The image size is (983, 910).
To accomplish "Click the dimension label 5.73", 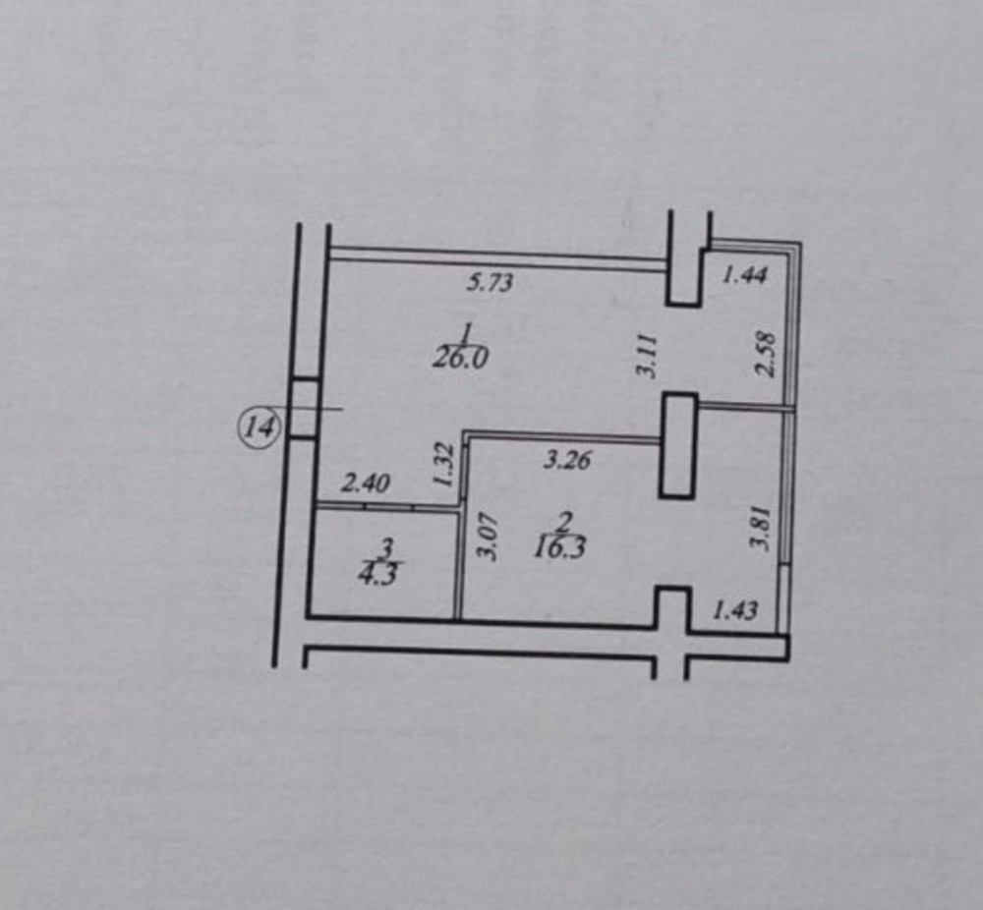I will pyautogui.click(x=490, y=284).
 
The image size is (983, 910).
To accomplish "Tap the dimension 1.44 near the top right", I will pyautogui.click(x=744, y=275).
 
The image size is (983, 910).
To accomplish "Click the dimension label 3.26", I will pyautogui.click(x=567, y=459).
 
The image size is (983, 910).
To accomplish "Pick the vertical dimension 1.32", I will pyautogui.click(x=443, y=465).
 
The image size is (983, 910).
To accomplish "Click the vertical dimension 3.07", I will pyautogui.click(x=487, y=537).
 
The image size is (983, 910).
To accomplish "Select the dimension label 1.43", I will pyautogui.click(x=734, y=610).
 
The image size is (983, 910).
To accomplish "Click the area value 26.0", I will pyautogui.click(x=460, y=358).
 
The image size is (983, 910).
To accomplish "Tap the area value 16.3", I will pyautogui.click(x=559, y=548).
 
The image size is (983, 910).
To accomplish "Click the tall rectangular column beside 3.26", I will pyautogui.click(x=678, y=445).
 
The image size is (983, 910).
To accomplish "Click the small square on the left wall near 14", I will pyautogui.click(x=304, y=408).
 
